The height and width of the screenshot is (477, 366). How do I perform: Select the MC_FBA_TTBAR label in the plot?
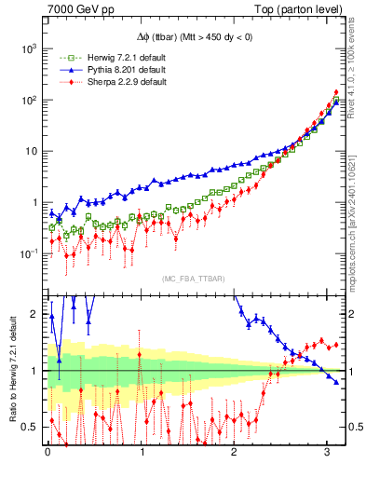click(x=193, y=279)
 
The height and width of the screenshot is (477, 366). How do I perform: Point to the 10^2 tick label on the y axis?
click(x=30, y=99)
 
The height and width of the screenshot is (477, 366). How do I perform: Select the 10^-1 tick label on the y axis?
click(x=29, y=252)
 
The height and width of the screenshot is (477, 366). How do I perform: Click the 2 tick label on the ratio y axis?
click(x=36, y=314)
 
